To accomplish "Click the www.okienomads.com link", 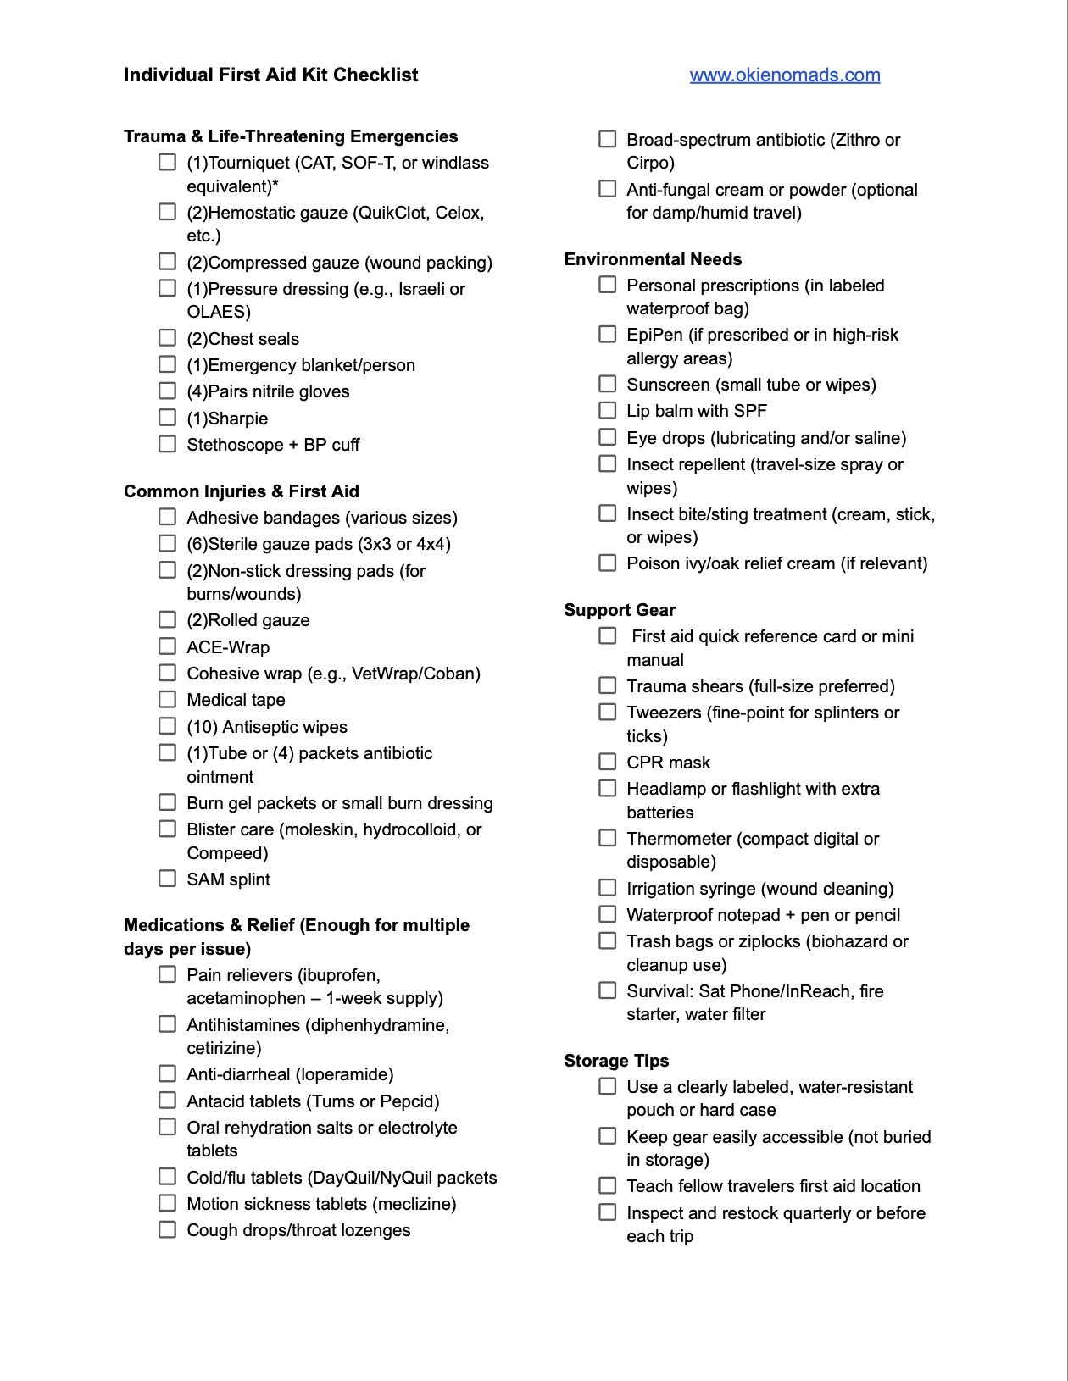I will (784, 75).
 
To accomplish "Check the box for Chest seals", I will (168, 338).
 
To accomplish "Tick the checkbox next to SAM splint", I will (168, 879).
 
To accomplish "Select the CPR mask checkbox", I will (608, 762).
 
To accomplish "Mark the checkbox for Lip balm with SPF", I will (608, 410).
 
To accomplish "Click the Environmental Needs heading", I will (653, 259).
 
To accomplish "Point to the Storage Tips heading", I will (616, 1061).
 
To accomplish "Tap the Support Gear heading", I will (620, 610).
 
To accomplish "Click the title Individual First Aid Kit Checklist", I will (270, 75).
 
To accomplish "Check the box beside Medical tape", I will (168, 699).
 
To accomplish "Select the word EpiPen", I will (654, 335).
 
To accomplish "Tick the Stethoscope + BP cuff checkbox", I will (168, 444).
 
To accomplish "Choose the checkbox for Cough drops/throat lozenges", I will (168, 1229).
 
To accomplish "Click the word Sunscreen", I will (668, 385).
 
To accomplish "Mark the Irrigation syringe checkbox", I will (608, 888).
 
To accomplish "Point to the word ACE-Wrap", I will (228, 647).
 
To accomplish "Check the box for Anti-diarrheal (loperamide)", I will (168, 1073).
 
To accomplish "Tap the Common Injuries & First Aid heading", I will (242, 491).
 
